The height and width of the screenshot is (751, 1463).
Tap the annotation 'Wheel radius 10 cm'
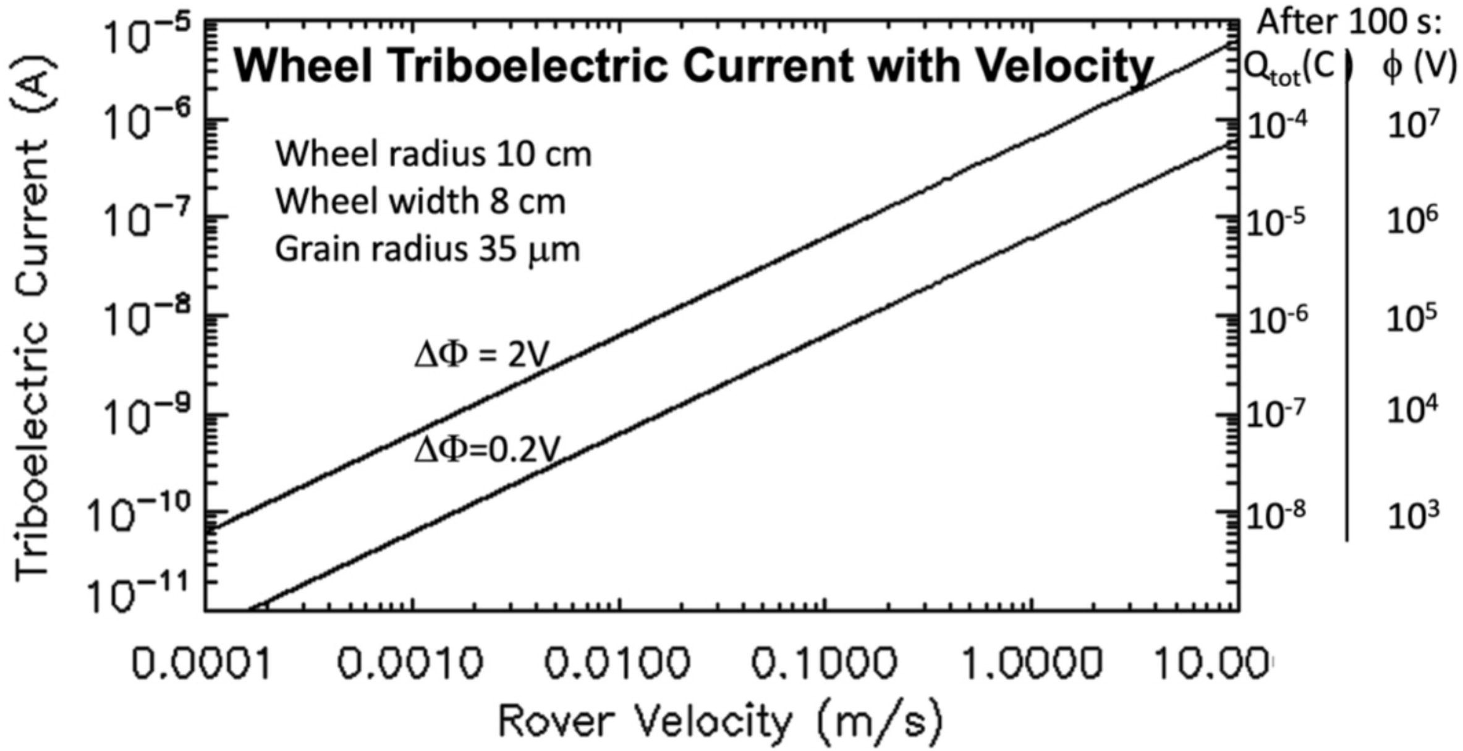[433, 155]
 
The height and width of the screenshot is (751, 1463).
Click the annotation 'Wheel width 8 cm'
[420, 202]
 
